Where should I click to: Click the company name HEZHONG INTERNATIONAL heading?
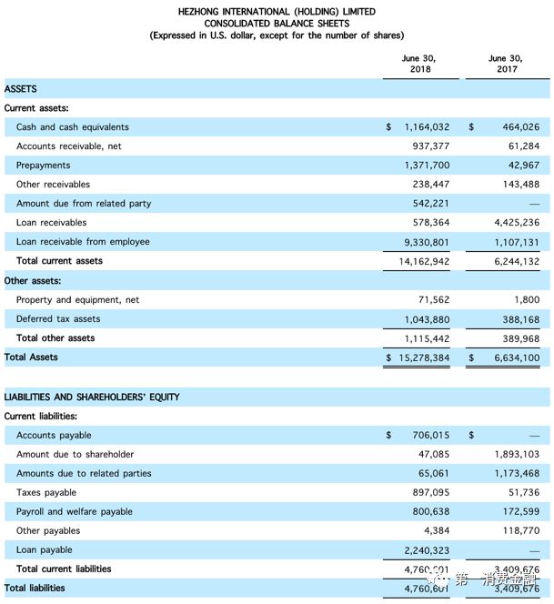(x=277, y=12)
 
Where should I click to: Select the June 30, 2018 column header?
(x=418, y=63)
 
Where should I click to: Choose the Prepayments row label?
(x=43, y=166)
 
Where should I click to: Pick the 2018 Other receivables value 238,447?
(x=429, y=185)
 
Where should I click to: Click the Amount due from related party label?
(x=84, y=204)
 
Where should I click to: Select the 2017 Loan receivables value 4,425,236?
(x=517, y=223)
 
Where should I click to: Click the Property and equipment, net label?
(x=77, y=300)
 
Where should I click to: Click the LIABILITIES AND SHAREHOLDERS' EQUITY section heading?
(x=92, y=398)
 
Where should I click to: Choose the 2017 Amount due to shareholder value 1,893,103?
(x=517, y=455)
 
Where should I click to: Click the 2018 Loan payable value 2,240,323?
(x=427, y=550)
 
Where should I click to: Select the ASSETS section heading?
(x=21, y=89)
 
